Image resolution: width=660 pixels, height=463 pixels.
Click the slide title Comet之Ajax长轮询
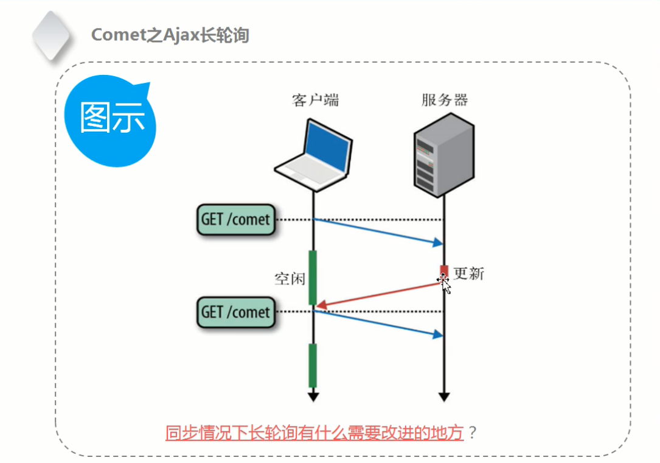tap(170, 35)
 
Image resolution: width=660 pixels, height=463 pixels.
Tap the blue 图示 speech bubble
tap(110, 121)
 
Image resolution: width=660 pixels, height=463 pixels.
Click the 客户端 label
tap(315, 100)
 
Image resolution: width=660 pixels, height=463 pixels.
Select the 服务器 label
tap(445, 100)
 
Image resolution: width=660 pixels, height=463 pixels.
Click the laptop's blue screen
tap(327, 146)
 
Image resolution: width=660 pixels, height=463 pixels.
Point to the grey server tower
tap(444, 155)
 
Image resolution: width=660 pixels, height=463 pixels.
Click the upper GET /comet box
tap(236, 220)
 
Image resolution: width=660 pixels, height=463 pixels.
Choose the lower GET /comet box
tap(236, 313)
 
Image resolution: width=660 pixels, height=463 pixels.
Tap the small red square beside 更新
tap(444, 270)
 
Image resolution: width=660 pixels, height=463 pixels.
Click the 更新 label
tap(468, 274)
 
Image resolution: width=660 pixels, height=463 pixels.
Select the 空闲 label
tap(290, 279)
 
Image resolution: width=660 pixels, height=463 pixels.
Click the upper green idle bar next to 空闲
tap(313, 277)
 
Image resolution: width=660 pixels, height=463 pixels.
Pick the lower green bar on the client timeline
tap(313, 366)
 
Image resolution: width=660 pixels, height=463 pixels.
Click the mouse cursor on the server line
tap(445, 283)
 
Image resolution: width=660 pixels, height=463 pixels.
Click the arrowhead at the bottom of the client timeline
tap(313, 397)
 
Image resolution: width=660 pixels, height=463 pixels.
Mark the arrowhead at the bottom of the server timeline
tap(444, 397)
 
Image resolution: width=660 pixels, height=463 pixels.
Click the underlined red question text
tap(314, 433)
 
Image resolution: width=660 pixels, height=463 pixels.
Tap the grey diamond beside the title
tap(51, 37)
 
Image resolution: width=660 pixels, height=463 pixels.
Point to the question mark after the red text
tap(473, 433)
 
